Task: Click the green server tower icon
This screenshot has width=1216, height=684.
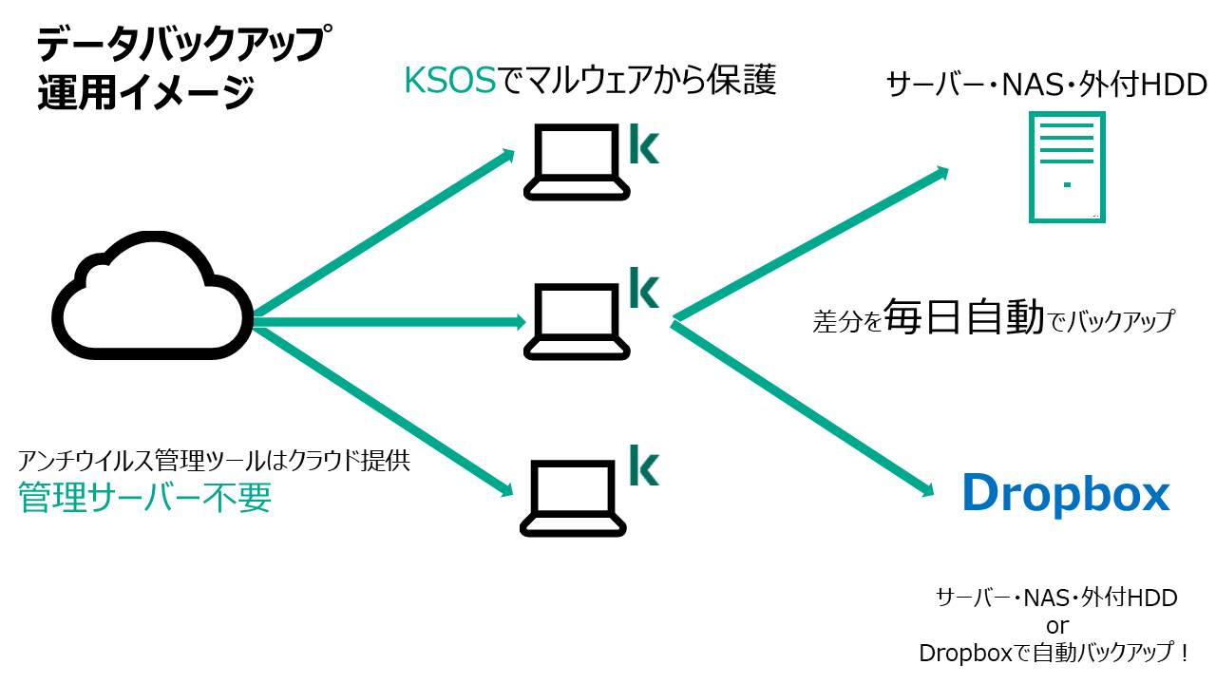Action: (1032, 166)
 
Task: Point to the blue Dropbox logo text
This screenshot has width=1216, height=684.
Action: (1066, 494)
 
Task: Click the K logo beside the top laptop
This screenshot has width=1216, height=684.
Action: (644, 143)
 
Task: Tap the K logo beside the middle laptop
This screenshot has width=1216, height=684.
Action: (644, 288)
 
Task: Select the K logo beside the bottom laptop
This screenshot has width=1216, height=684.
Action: (644, 465)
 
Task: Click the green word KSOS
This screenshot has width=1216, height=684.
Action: (450, 81)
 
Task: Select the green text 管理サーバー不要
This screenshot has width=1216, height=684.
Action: (145, 497)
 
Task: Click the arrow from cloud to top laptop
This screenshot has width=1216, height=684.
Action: (384, 233)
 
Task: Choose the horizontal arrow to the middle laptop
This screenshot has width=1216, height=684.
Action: (389, 322)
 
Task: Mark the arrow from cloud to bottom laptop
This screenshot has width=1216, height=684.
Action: (383, 411)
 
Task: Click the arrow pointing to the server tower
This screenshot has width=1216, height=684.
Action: (811, 243)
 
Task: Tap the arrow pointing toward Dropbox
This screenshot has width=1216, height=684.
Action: (803, 408)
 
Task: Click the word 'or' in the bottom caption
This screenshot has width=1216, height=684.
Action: (1057, 626)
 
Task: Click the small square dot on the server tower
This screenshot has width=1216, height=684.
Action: (1067, 184)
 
